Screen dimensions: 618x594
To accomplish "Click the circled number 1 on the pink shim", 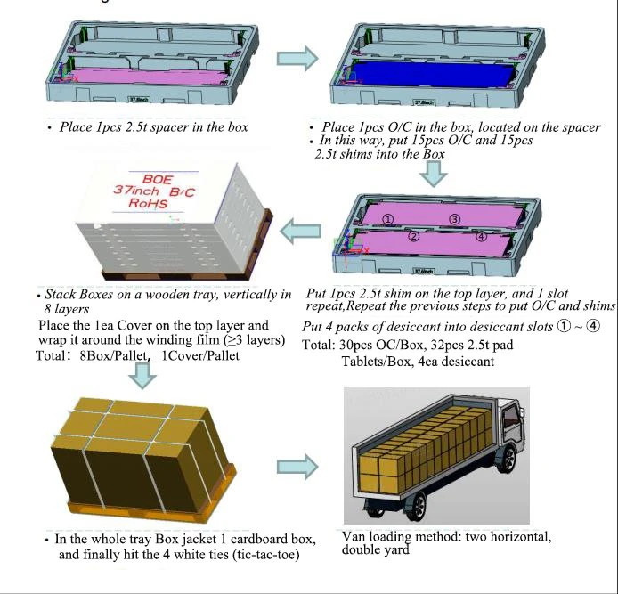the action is click(388, 219).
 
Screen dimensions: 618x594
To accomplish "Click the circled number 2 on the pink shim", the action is click(413, 236).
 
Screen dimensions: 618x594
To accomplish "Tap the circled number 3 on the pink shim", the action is click(455, 219).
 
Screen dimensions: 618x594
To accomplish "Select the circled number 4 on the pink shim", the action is click(481, 236).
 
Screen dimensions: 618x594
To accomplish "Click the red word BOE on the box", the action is click(158, 179).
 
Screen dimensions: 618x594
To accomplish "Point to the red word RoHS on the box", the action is click(148, 203).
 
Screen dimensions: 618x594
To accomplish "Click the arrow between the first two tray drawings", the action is click(297, 59).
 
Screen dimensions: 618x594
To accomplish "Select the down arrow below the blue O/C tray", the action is click(433, 174).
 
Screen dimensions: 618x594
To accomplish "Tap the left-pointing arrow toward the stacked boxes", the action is click(300, 231).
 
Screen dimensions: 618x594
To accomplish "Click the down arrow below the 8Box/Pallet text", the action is click(142, 376).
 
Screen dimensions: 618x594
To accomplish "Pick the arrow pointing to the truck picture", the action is click(297, 467).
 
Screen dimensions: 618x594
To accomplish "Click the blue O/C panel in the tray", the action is click(433, 74).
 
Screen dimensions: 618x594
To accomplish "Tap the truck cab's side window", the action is click(510, 417).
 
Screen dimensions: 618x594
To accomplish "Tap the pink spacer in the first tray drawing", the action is click(146, 76).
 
